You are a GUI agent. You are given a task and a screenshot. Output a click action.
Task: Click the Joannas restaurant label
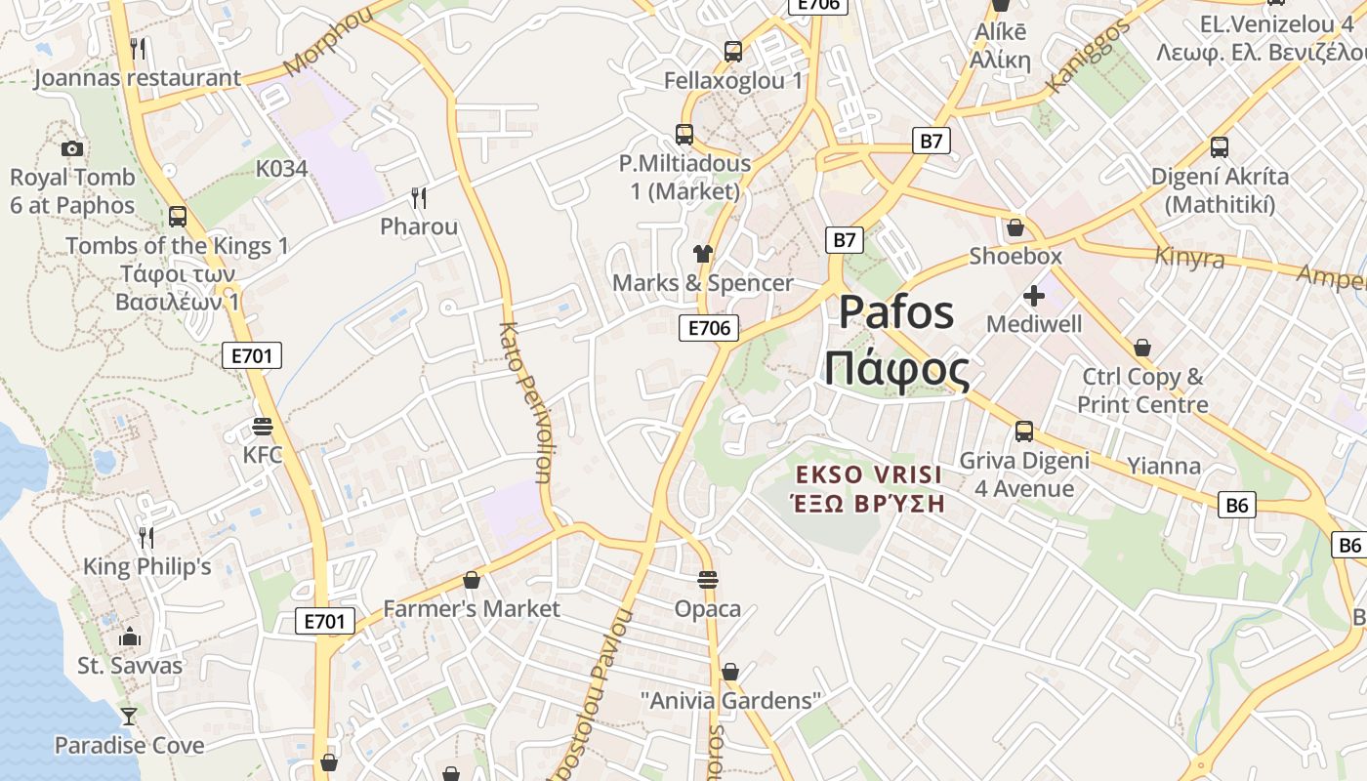137,78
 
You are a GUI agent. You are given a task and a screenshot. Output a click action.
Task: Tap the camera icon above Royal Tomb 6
71,148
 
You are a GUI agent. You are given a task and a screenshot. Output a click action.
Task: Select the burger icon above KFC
262,427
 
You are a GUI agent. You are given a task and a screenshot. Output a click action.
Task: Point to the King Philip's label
146,566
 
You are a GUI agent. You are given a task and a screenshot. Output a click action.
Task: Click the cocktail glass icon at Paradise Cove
128,717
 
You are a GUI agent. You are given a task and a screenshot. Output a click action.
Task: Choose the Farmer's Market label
472,608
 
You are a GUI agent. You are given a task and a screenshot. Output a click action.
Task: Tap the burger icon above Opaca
708,580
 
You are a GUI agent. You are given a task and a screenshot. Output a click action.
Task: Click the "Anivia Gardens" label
731,700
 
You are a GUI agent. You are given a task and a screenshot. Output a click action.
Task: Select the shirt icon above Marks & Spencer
703,254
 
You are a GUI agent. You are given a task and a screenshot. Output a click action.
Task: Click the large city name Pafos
896,312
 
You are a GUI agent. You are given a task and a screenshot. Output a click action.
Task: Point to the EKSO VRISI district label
868,475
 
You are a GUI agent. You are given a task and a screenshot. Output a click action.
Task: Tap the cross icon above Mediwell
1034,295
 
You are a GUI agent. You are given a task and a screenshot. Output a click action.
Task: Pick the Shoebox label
1015,256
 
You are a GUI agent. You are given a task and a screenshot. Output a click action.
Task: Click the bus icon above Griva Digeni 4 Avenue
1024,431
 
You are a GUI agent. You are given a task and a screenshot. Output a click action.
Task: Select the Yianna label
1164,466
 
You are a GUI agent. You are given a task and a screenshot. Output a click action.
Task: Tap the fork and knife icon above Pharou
419,198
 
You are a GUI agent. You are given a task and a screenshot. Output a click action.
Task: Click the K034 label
281,169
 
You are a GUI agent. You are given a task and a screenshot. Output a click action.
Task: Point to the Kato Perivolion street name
525,402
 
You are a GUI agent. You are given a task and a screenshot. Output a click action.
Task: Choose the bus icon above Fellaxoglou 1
733,51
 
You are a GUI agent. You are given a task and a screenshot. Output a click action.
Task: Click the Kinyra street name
1189,258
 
